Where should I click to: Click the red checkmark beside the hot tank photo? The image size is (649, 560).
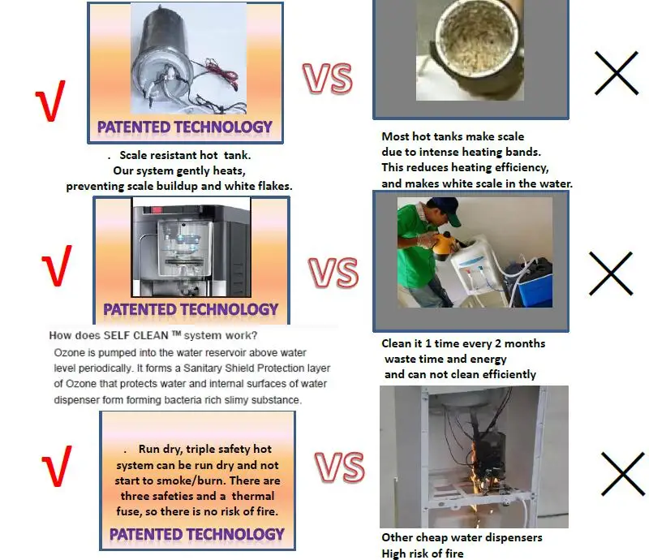point(50,101)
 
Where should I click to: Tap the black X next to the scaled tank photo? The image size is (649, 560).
point(617,73)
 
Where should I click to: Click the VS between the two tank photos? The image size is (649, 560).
point(328,78)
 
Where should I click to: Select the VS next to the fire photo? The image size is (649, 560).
point(339,467)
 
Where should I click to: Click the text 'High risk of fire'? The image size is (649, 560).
point(423,554)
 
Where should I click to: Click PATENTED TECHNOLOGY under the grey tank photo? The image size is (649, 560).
point(185,127)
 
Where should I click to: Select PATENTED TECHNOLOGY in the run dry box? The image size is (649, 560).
point(197,534)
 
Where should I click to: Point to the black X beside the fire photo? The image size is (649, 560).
point(623,474)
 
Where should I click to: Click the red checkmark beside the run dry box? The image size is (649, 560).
point(57,467)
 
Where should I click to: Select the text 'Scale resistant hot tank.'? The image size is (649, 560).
point(185,155)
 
